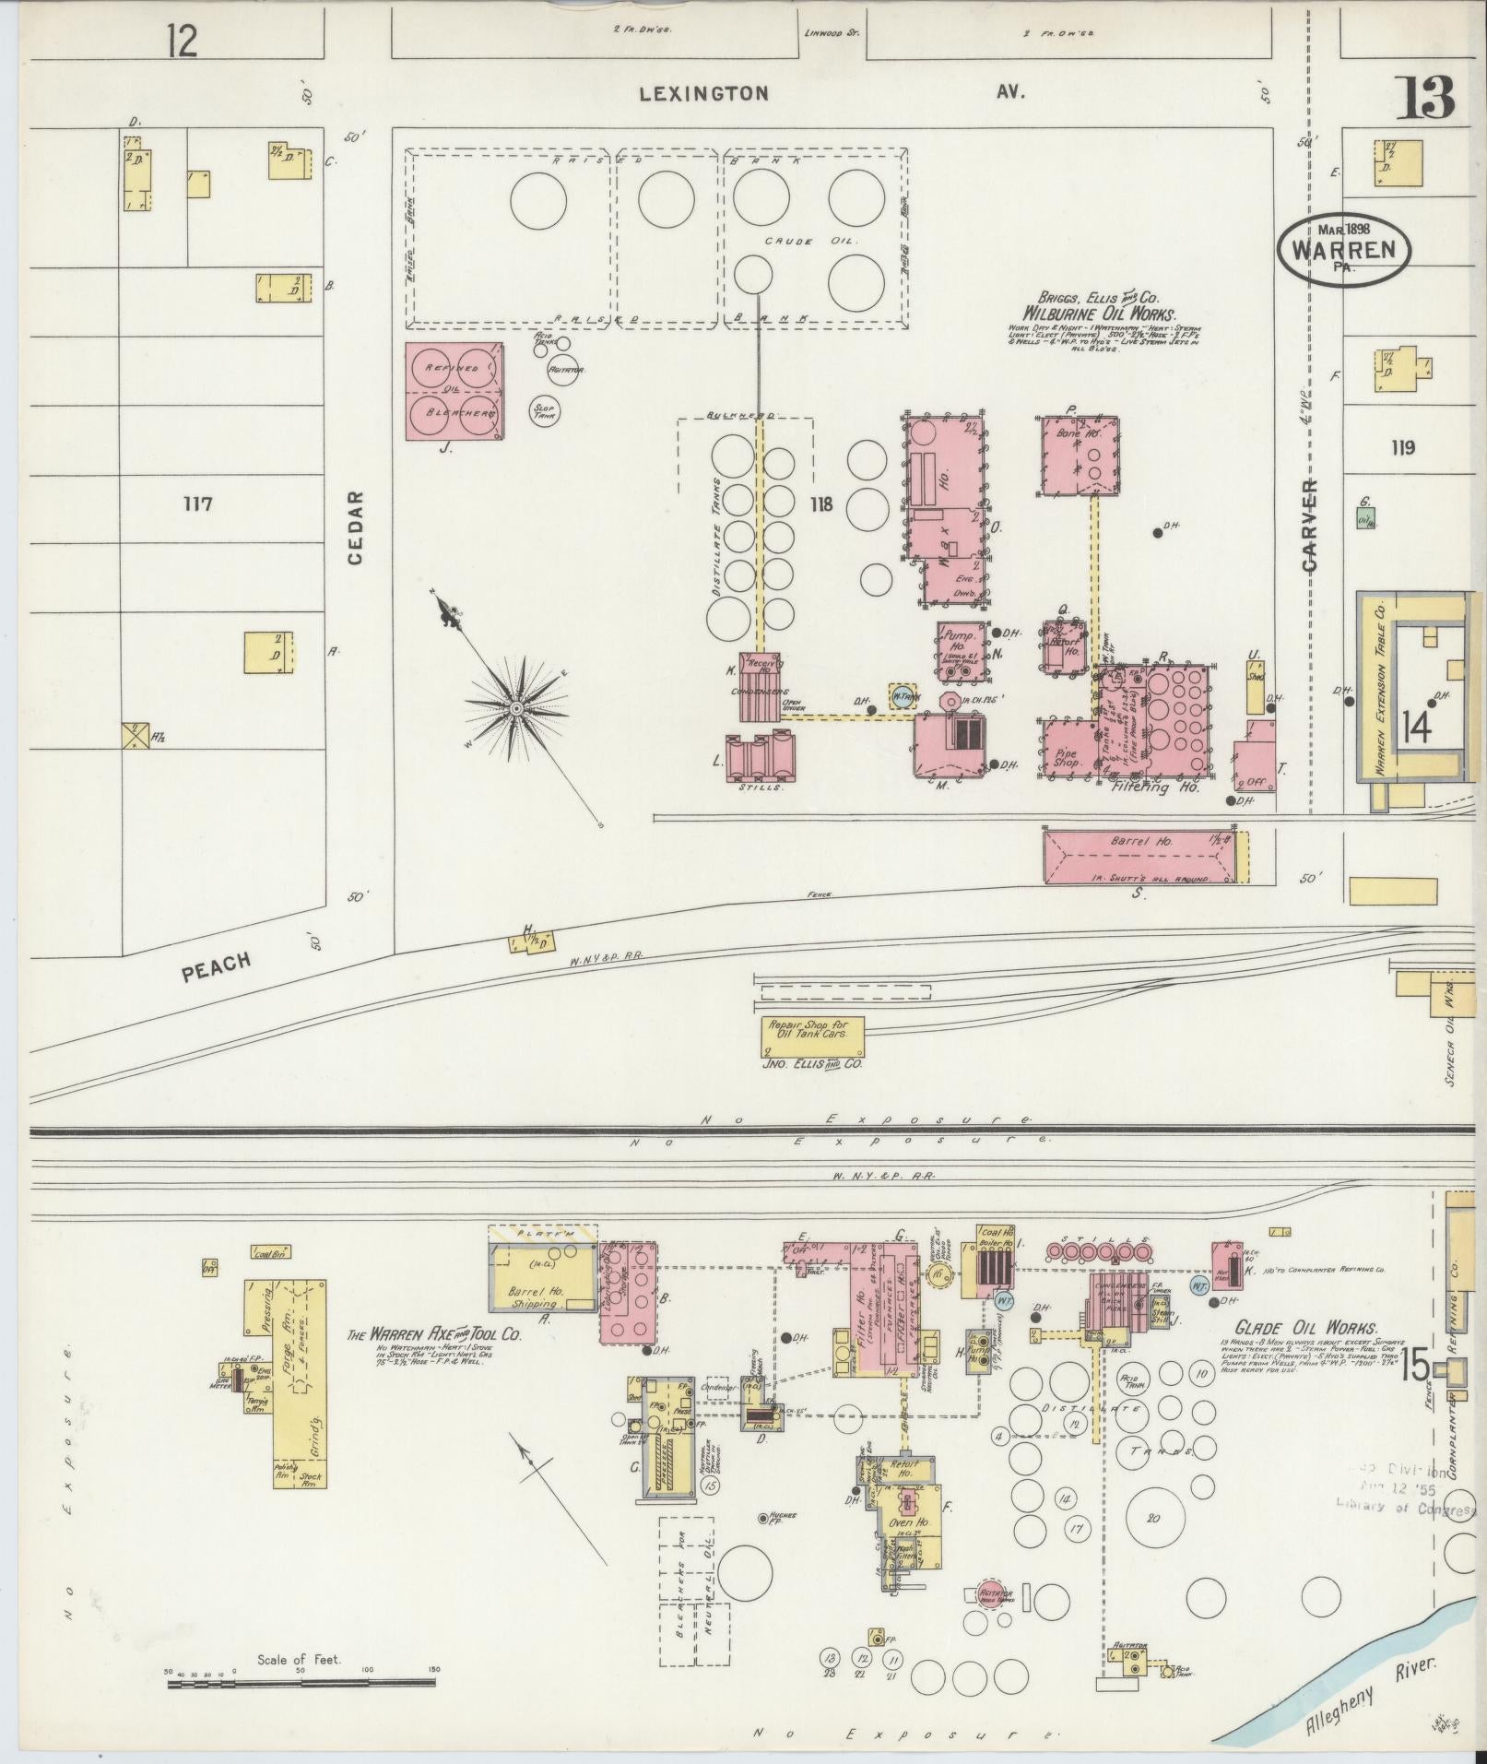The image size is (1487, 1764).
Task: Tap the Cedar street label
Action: (x=356, y=527)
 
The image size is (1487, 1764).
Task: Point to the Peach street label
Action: (x=217, y=967)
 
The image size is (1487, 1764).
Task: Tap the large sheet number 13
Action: (x=1423, y=98)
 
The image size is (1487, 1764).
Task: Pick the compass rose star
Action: (x=516, y=707)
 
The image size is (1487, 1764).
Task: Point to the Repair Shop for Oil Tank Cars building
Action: (x=811, y=1037)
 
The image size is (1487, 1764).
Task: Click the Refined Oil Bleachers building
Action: (x=455, y=391)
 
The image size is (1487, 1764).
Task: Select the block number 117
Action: (x=198, y=504)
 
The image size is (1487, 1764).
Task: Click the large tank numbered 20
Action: (x=1152, y=1519)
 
